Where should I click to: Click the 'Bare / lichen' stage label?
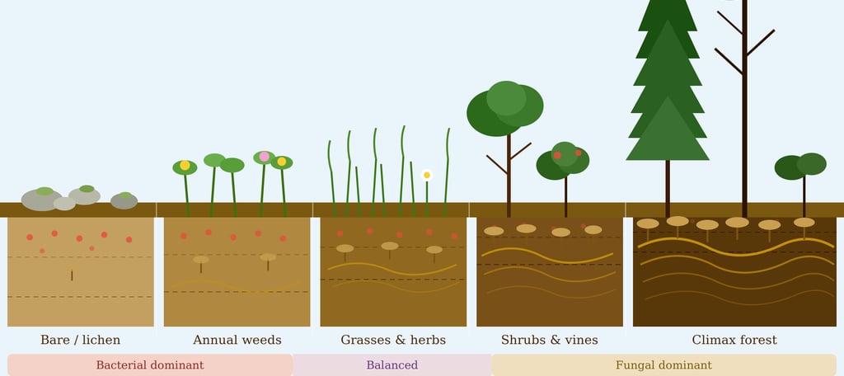[80, 341]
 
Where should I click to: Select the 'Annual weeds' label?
[237, 341]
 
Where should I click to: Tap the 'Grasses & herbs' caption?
[393, 341]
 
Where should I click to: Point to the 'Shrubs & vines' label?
[550, 341]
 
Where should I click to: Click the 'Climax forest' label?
[734, 341]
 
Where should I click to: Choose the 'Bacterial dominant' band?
[150, 365]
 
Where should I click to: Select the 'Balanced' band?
[392, 365]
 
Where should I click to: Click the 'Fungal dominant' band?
[663, 365]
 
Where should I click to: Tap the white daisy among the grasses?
[427, 175]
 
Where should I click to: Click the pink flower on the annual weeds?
[265, 157]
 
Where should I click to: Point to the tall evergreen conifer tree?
[668, 91]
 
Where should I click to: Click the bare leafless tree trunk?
[744, 124]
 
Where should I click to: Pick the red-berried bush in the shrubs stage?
[564, 161]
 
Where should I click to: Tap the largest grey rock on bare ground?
[41, 200]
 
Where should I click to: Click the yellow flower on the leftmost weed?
[185, 166]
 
